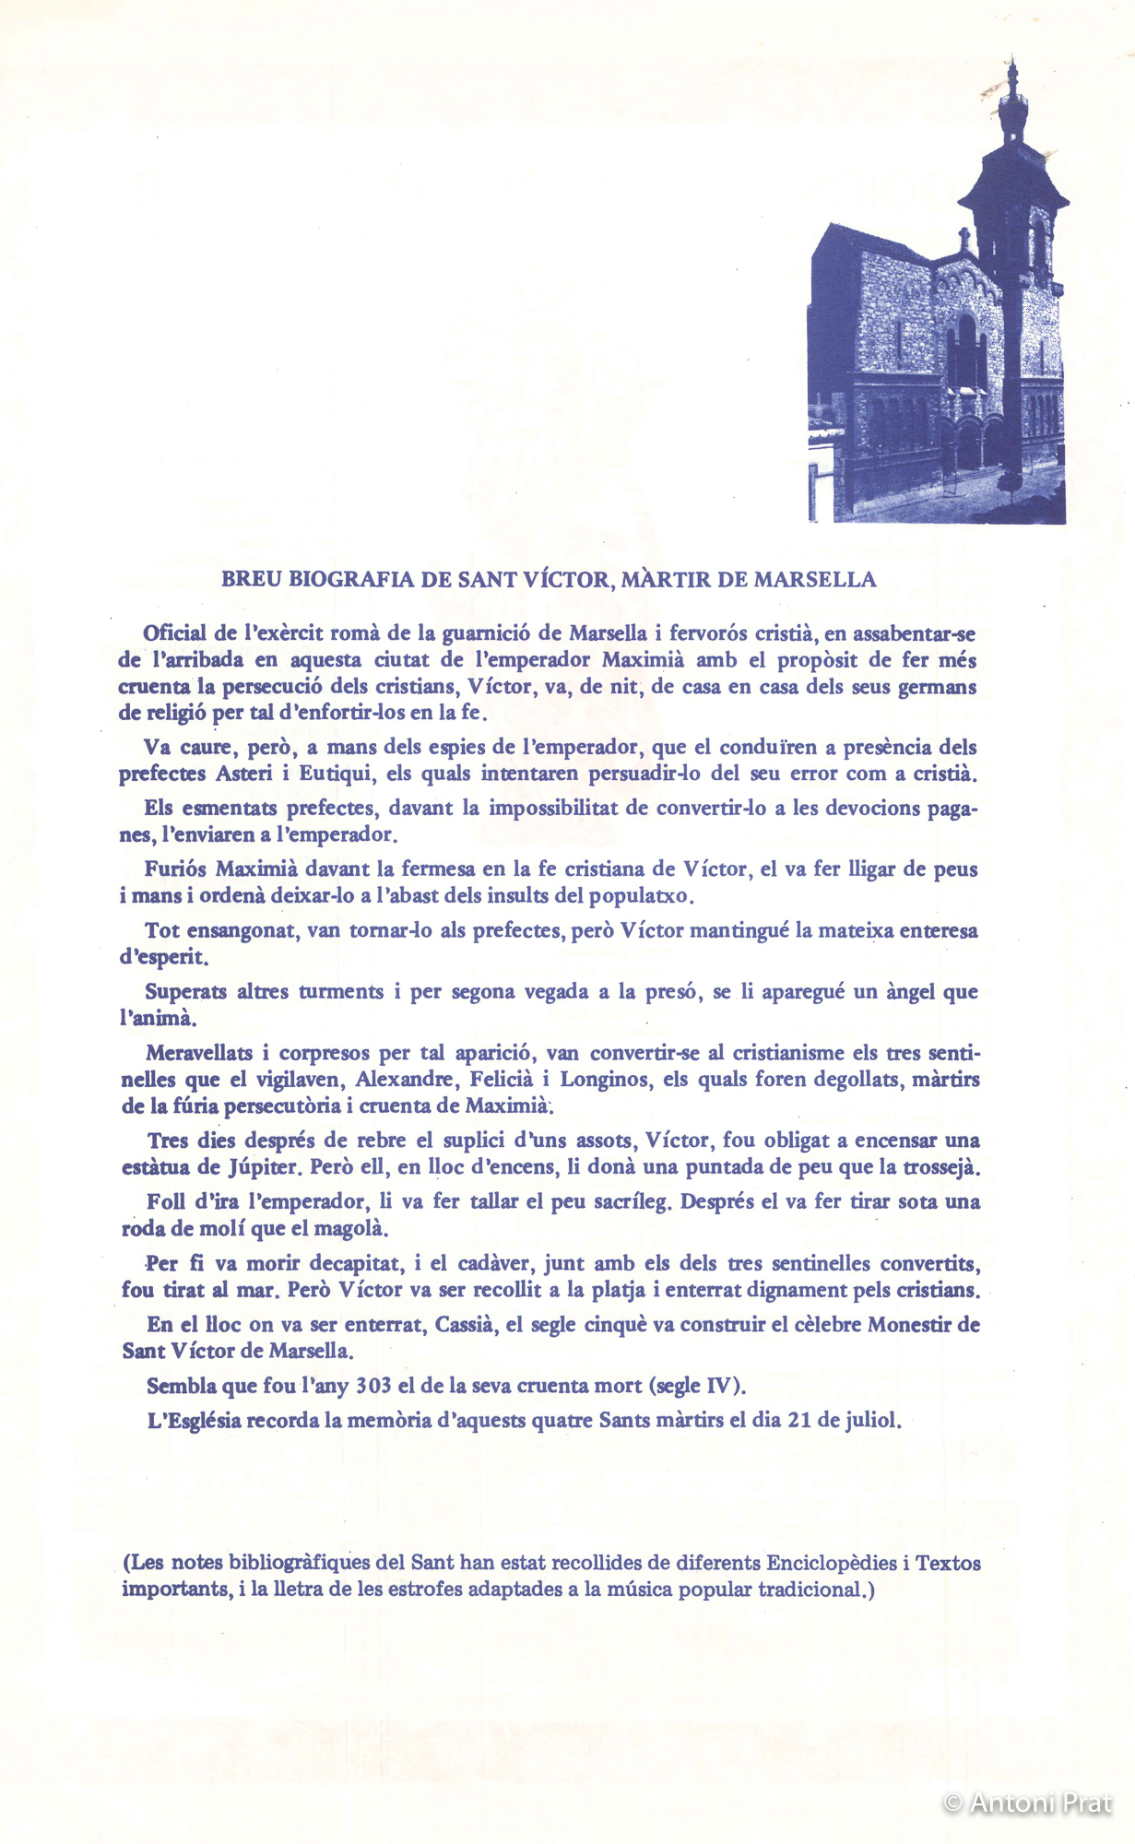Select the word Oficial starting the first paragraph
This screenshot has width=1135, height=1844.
pos(175,633)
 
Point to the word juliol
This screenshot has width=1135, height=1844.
pos(870,1420)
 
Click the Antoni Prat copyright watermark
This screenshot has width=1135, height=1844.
pos(1028,1802)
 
